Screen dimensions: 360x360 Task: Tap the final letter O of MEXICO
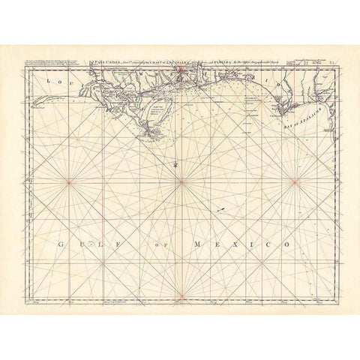[288, 244]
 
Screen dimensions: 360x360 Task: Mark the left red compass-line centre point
[67, 181]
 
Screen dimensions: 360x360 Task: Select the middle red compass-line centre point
[181, 181]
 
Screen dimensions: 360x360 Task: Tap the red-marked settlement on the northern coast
[181, 73]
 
